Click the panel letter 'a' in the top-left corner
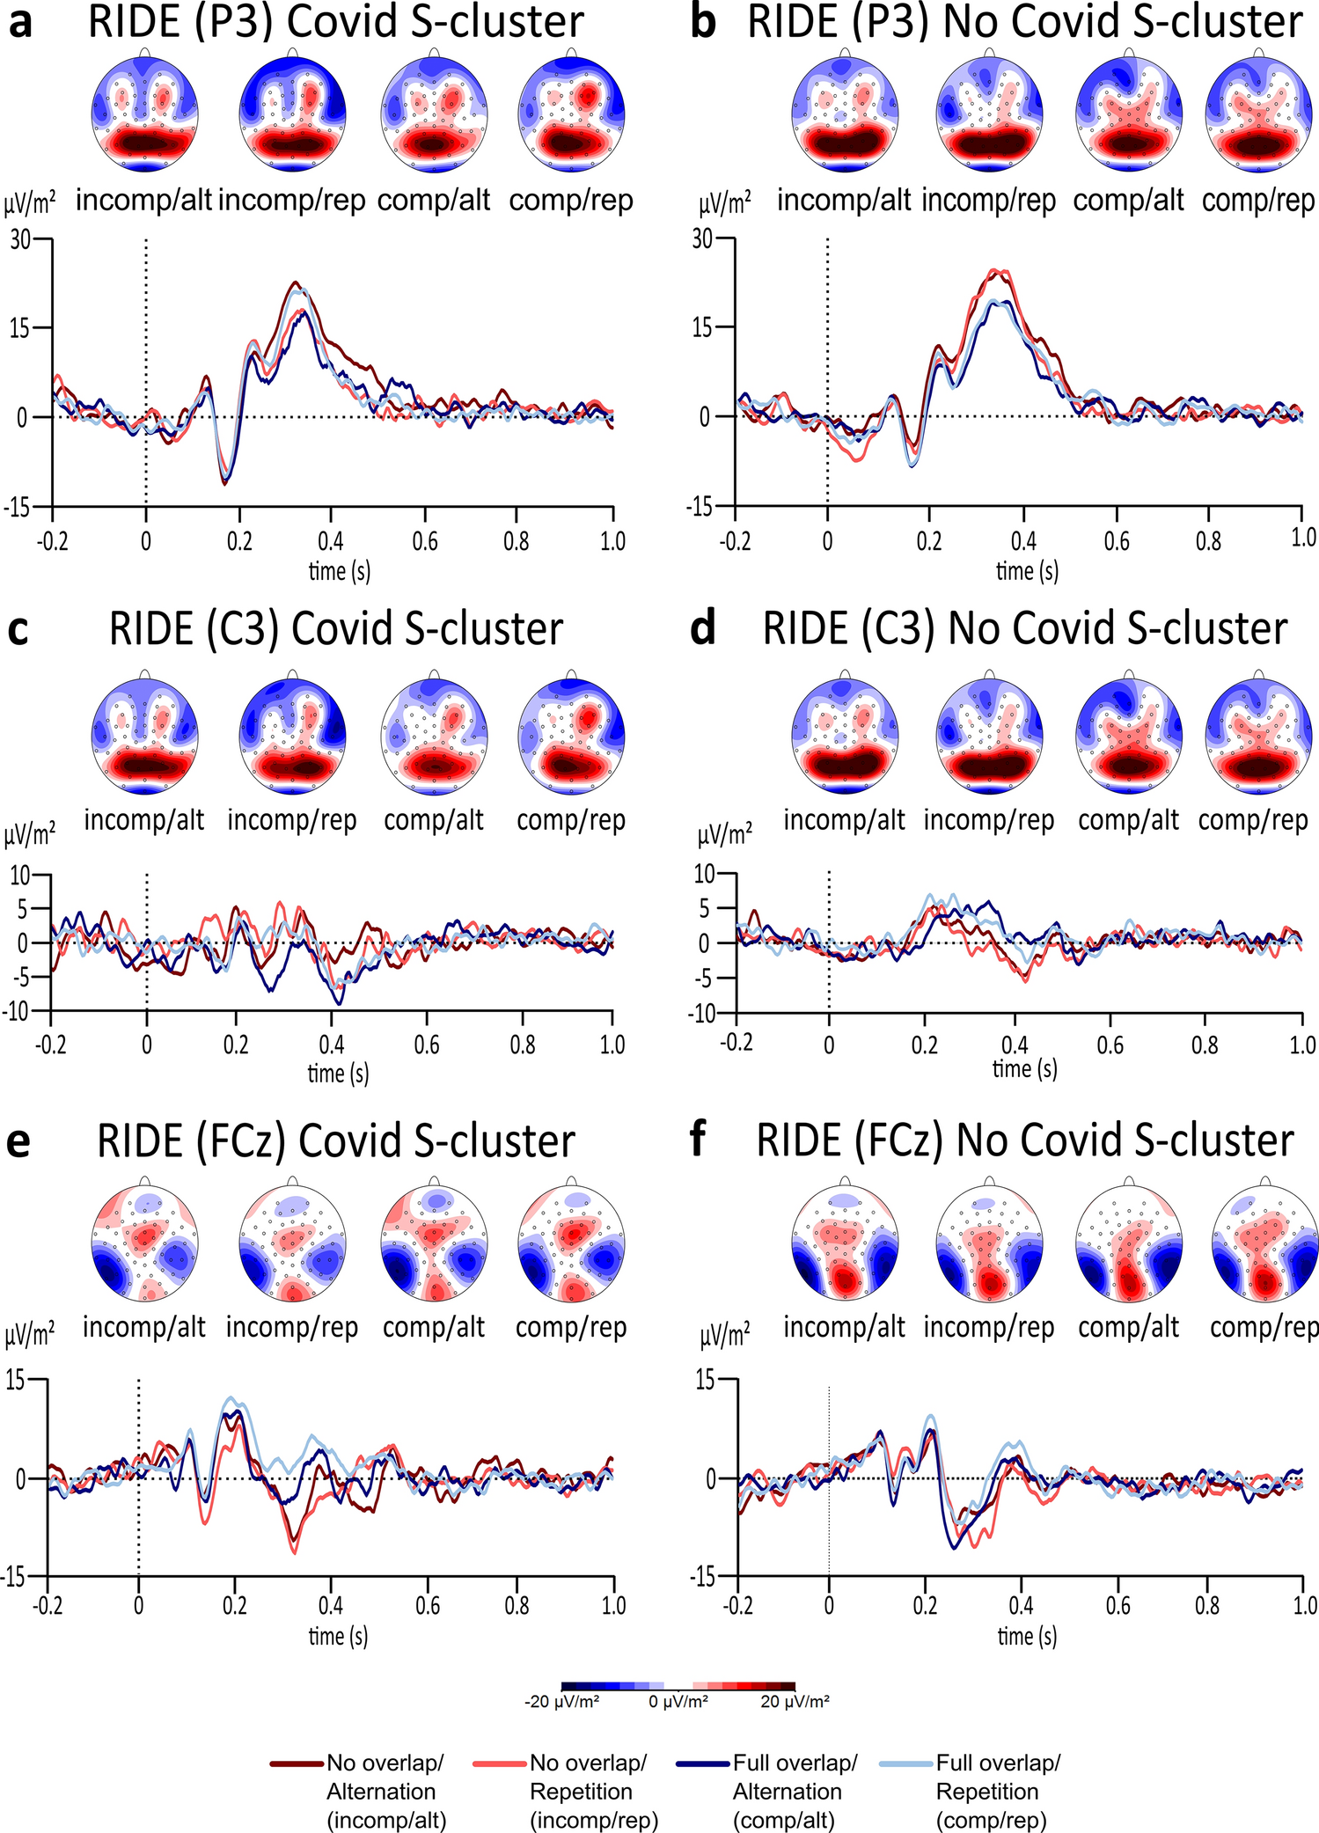[x=19, y=23]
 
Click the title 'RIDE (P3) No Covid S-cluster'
[x=1024, y=21]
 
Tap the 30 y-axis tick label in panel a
[x=19, y=238]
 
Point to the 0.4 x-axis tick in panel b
[x=1023, y=539]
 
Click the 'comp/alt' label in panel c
[x=434, y=820]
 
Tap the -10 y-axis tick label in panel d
[x=705, y=1013]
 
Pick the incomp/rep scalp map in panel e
[x=292, y=1243]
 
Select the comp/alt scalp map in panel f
[x=1128, y=1243]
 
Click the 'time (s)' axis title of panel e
[x=338, y=1636]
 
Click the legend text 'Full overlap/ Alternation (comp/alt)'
[x=788, y=1792]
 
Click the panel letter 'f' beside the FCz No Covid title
[x=698, y=1140]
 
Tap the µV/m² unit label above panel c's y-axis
[x=30, y=834]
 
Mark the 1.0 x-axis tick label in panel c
[x=612, y=1045]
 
